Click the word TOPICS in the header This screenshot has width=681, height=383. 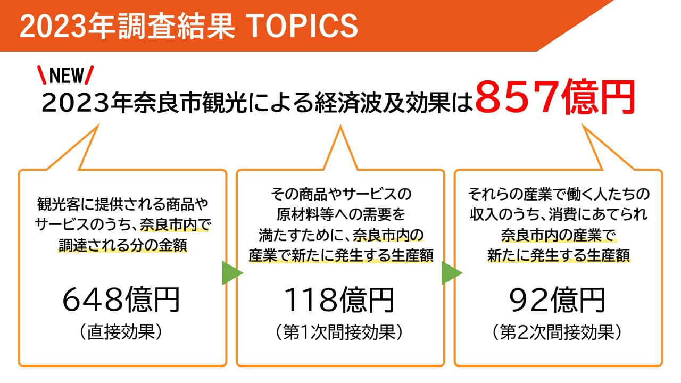(303, 26)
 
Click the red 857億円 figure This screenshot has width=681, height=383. (555, 97)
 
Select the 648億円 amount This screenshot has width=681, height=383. (121, 299)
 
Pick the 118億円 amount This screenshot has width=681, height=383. (339, 299)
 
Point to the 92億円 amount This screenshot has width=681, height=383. (557, 299)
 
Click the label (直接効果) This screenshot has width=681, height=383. (121, 332)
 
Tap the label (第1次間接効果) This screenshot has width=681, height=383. (339, 332)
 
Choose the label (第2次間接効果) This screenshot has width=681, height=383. (557, 332)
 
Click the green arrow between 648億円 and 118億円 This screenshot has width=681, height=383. (231, 273)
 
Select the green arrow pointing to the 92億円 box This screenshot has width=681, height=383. (451, 273)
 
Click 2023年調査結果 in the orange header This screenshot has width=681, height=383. (127, 26)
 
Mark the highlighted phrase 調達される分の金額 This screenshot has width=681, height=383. (123, 245)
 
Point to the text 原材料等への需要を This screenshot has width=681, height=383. (341, 214)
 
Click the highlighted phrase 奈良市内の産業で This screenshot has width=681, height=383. (558, 235)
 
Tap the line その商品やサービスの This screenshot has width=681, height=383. (341, 194)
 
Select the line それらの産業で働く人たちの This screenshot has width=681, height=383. (559, 194)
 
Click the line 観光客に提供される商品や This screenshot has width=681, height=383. (122, 204)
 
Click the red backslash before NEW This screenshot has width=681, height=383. (42, 75)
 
